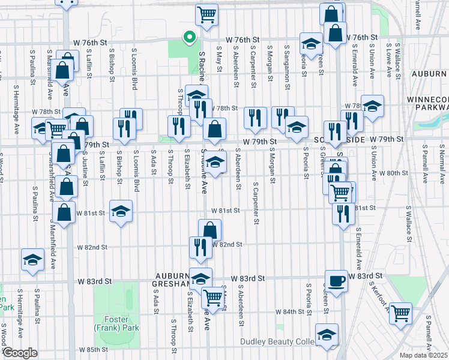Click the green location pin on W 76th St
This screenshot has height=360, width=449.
click(190, 38)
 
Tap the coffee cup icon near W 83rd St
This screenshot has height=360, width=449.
click(336, 280)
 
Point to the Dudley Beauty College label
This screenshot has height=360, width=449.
click(277, 342)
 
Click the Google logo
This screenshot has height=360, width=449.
click(19, 353)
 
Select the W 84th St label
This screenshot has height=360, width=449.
click(291, 312)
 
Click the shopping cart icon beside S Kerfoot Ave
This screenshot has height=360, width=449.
click(400, 312)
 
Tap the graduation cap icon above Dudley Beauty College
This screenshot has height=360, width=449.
click(326, 334)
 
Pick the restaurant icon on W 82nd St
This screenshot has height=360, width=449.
click(200, 247)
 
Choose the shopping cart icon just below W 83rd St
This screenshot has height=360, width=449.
click(212, 296)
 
